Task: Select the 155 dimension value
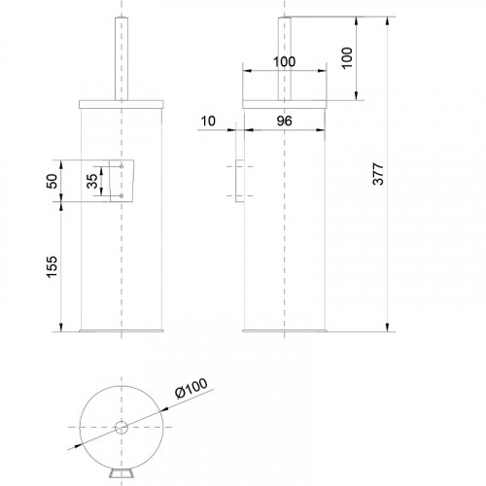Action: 52,266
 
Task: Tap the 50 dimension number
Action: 52,182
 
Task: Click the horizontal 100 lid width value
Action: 284,61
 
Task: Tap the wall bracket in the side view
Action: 235,182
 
